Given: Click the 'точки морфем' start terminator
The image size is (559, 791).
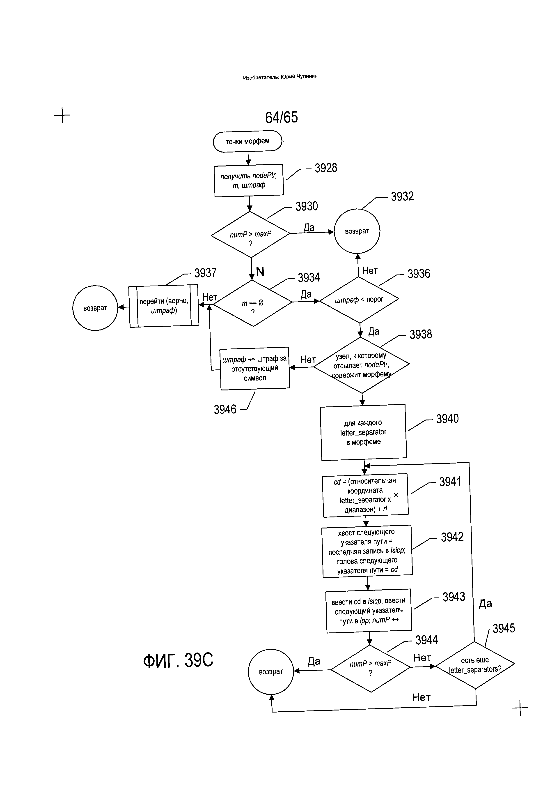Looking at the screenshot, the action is pos(247,141).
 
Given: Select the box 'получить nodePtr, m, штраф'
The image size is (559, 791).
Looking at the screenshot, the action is pos(249,180).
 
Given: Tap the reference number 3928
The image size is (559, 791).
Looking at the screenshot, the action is pos(326,168).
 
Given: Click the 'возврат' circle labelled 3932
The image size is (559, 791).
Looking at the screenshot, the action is pos(357,231).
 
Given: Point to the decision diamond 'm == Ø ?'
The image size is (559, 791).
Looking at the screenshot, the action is pos(253,303).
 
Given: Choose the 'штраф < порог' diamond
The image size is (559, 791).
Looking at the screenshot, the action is pos(359,300).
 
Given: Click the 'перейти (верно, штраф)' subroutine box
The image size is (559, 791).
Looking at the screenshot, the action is pos(164,306).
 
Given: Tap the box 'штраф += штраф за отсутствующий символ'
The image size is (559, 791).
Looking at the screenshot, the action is pos(255,368).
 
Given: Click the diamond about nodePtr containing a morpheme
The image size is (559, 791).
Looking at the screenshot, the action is pos(361,365).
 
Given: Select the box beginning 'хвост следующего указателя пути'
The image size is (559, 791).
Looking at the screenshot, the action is pos(367,551).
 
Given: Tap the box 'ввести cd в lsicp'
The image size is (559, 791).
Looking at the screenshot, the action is pos(369,611).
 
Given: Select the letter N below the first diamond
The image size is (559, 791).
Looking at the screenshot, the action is pos(260,272).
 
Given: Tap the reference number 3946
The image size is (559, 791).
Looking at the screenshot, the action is pos(225,409).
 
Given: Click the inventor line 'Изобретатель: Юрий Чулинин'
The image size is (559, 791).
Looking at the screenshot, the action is pos(280,77).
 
